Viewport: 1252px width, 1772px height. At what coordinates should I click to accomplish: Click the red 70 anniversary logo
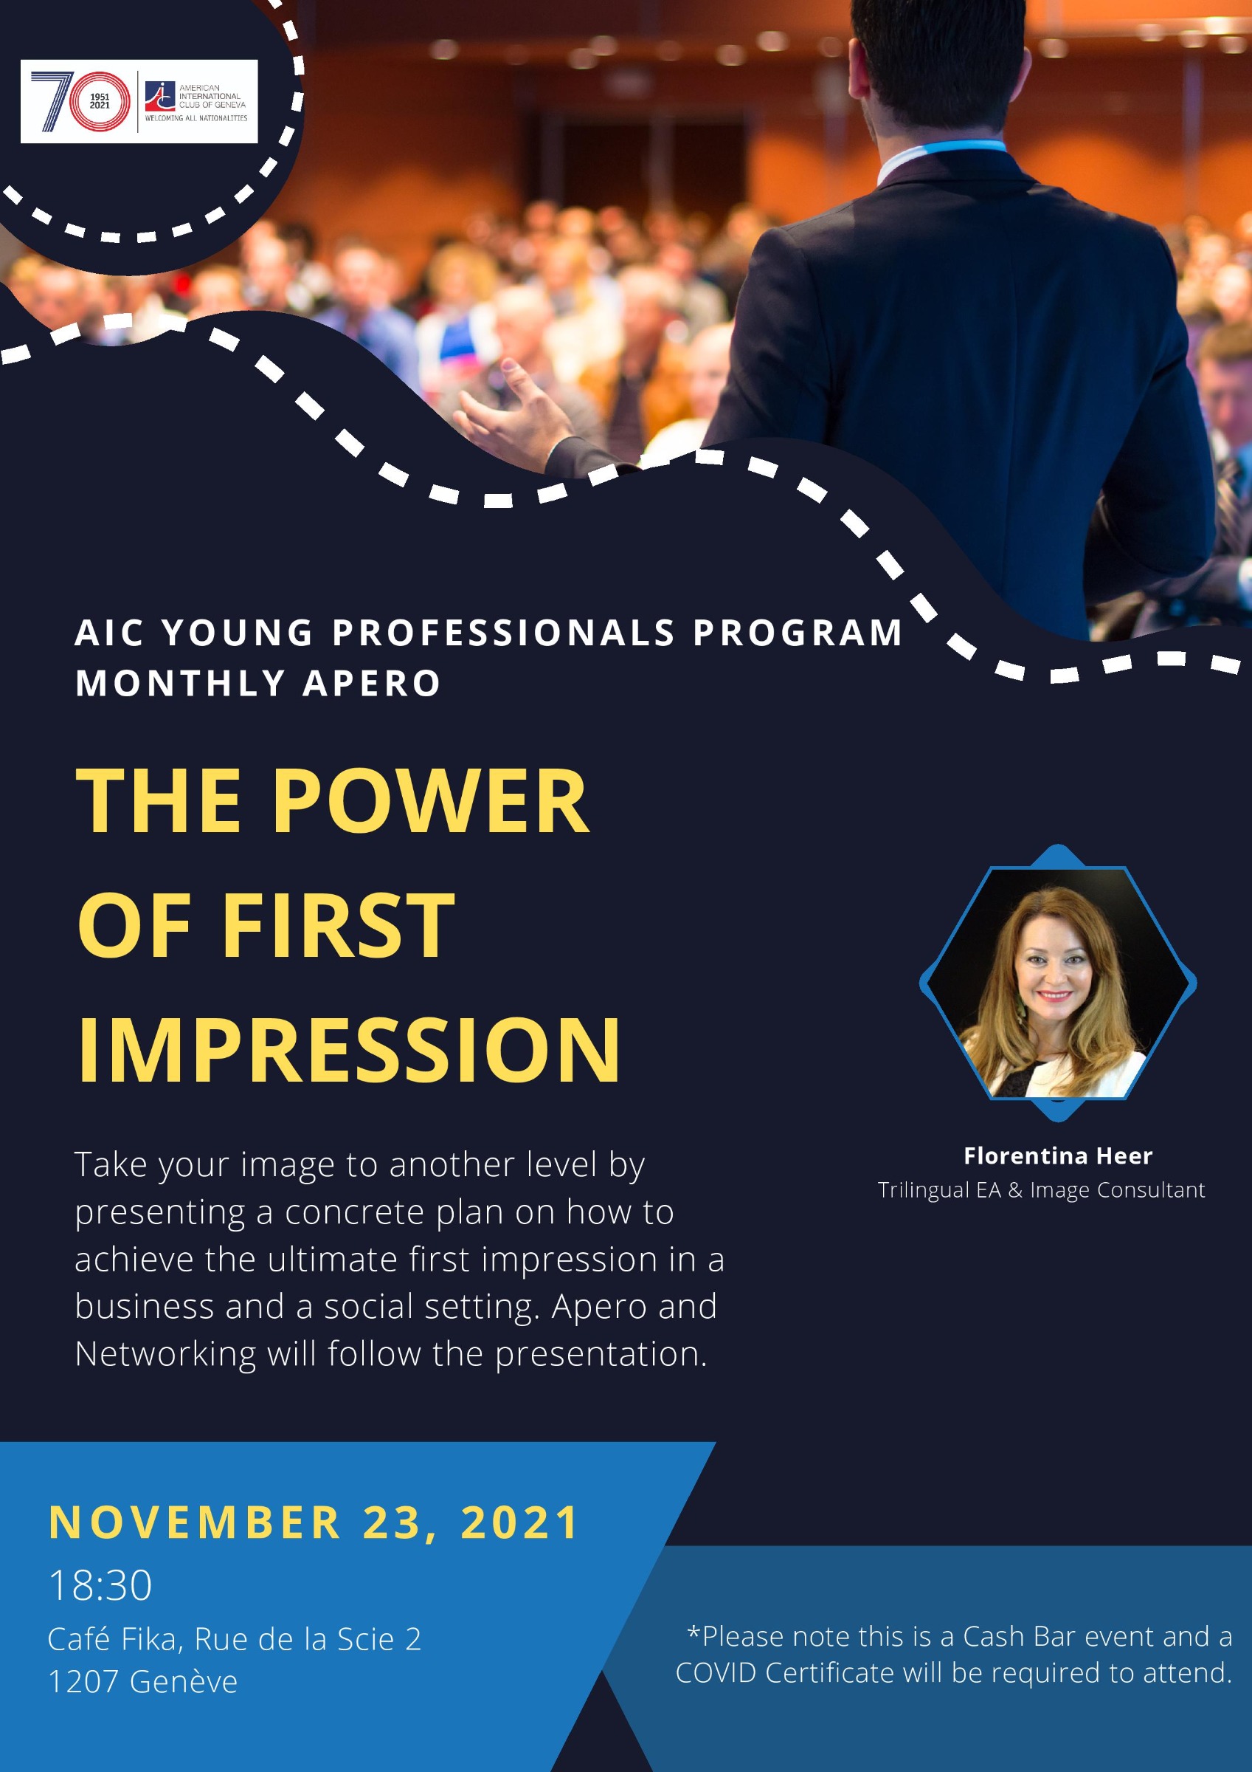coord(80,100)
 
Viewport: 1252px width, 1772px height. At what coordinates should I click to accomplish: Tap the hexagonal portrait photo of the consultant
coord(1058,983)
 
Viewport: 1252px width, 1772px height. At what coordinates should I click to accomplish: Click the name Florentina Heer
coord(1058,1155)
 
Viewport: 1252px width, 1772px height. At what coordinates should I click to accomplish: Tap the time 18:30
coord(100,1586)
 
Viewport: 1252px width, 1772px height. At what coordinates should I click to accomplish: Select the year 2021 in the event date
coord(519,1522)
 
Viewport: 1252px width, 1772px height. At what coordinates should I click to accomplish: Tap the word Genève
coord(184,1682)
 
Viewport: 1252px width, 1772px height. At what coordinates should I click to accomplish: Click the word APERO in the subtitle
coord(372,684)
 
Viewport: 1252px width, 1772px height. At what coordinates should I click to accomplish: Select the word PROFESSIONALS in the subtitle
coord(504,633)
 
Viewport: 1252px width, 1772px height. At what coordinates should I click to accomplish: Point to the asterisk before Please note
coord(694,1632)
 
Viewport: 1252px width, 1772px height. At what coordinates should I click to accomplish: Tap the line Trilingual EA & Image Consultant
coord(1042,1190)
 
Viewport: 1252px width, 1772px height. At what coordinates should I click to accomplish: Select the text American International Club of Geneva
coord(212,97)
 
